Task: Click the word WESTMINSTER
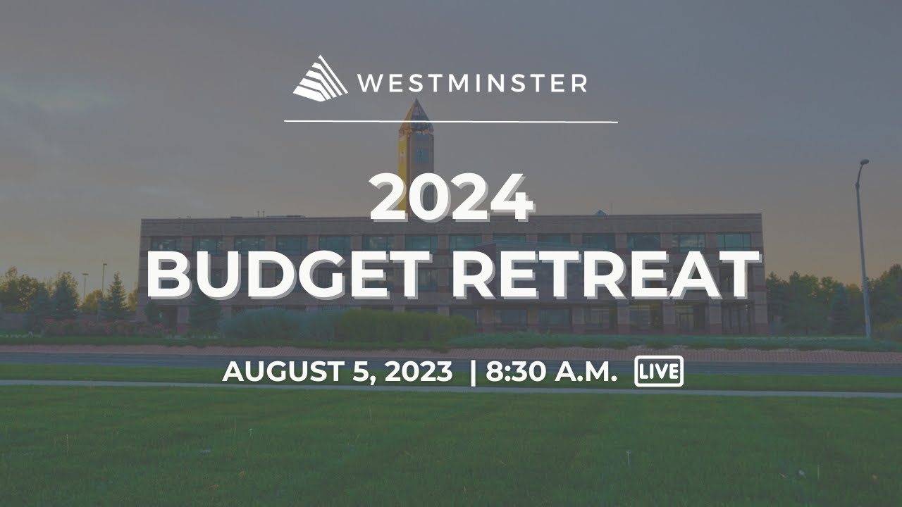(471, 84)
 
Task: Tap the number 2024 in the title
(452, 198)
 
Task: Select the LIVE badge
(659, 372)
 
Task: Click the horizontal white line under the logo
(451, 122)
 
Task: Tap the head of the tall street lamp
(864, 163)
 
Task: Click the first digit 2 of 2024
(390, 198)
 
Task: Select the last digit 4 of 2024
(513, 198)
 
